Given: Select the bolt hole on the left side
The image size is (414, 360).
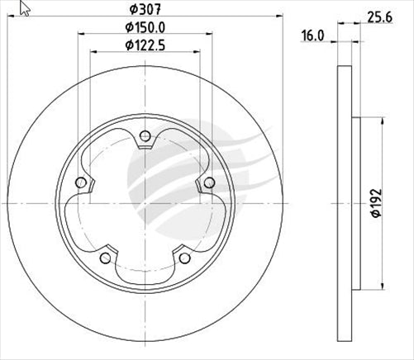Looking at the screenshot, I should [81, 183].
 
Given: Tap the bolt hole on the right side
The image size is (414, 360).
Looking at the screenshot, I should [209, 183].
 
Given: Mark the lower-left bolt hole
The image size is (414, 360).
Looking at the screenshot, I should [106, 258].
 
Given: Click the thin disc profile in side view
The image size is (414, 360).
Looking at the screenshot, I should [345, 202].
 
